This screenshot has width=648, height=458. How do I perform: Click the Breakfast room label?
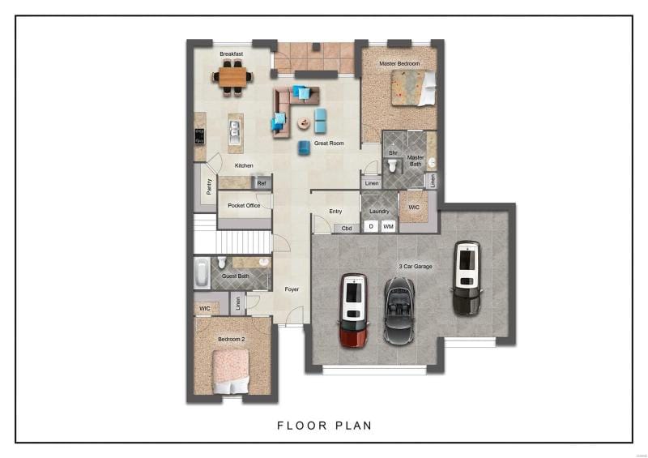click(x=231, y=54)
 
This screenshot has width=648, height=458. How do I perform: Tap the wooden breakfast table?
click(x=232, y=77)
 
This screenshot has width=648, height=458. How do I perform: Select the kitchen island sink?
click(x=235, y=128)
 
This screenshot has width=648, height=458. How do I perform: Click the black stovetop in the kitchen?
click(x=199, y=136)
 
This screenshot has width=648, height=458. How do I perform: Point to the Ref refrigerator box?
click(x=262, y=183)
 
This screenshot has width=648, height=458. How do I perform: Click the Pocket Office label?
click(x=244, y=205)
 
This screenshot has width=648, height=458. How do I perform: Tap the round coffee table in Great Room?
click(x=305, y=122)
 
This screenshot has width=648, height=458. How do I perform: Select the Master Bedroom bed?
click(x=413, y=88)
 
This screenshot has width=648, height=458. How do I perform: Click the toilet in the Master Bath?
click(x=393, y=165)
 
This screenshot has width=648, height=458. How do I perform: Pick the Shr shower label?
click(x=393, y=152)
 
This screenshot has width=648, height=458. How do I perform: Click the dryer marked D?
click(x=371, y=226)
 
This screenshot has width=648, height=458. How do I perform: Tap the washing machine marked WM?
click(x=388, y=226)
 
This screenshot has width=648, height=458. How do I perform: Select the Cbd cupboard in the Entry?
click(x=347, y=229)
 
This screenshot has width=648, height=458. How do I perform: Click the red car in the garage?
click(x=353, y=310)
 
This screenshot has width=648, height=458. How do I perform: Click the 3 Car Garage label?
click(x=416, y=267)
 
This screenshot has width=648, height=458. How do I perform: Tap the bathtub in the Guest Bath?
click(x=202, y=273)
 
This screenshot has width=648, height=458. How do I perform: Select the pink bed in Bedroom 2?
click(x=231, y=372)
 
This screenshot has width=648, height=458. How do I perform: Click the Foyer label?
click(x=292, y=289)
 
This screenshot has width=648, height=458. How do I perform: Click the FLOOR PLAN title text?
click(x=325, y=426)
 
